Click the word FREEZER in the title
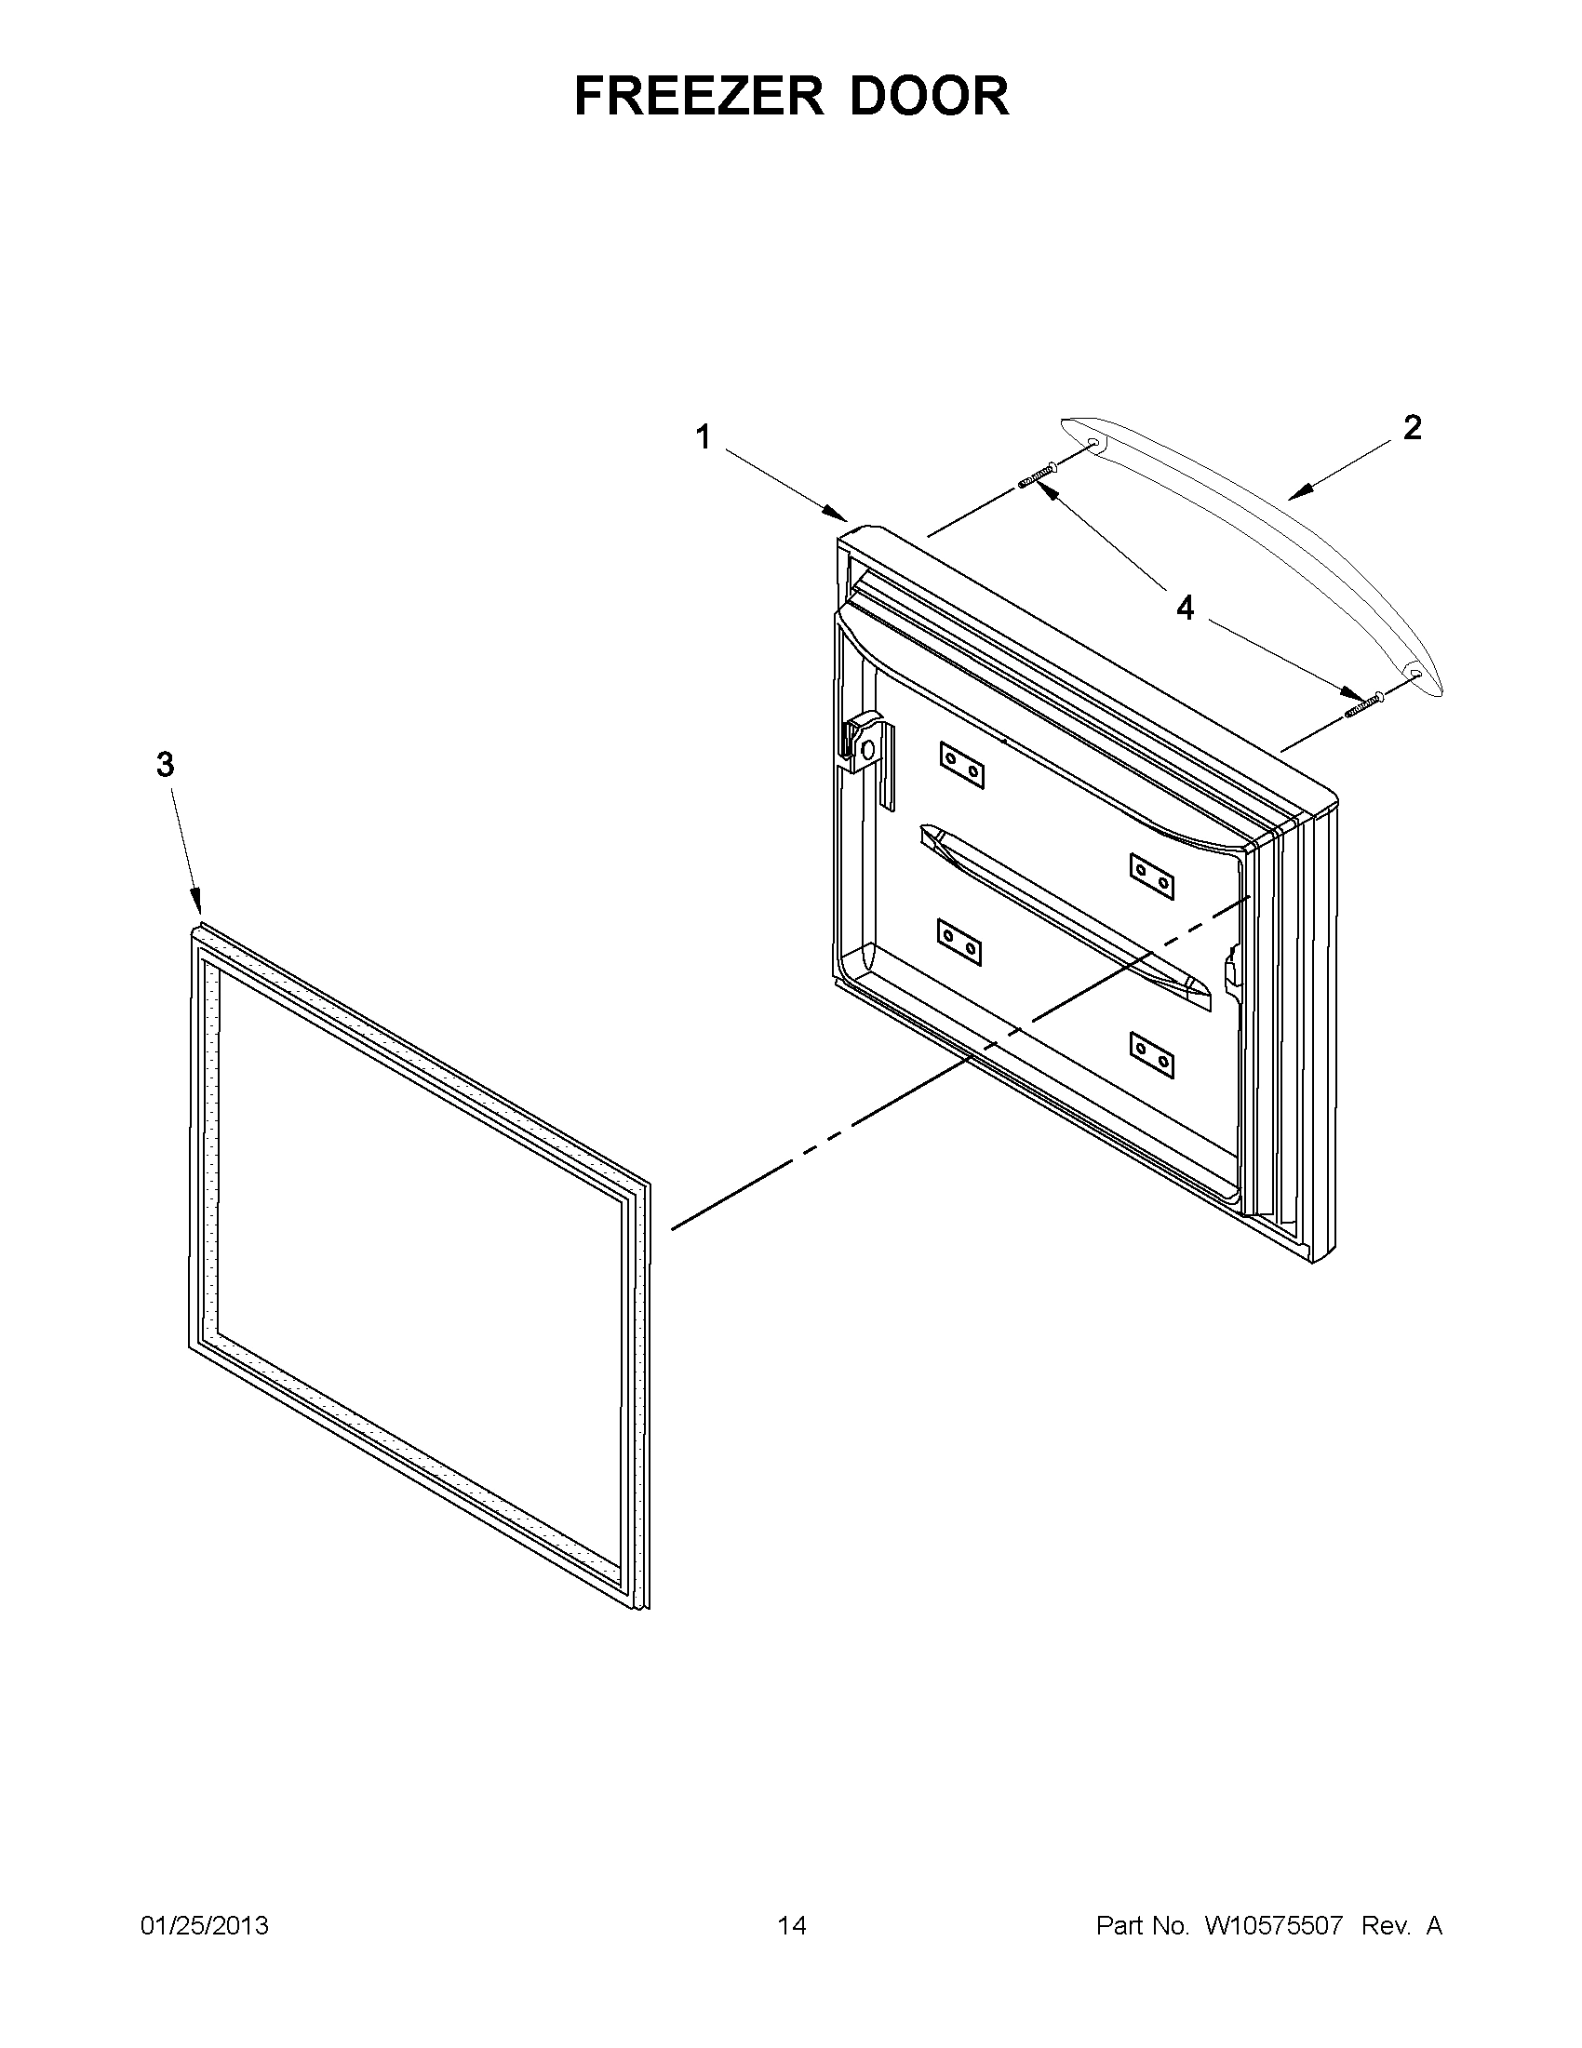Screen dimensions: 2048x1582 click(x=699, y=96)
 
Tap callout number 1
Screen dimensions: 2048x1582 click(x=703, y=437)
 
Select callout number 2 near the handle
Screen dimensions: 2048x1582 click(x=1412, y=428)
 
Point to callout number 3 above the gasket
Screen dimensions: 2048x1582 click(x=165, y=765)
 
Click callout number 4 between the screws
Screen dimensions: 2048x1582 click(x=1186, y=609)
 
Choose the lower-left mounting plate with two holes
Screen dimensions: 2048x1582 click(x=959, y=942)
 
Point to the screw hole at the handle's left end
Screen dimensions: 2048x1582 click(x=1093, y=441)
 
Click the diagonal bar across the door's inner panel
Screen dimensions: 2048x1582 click(x=1065, y=915)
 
